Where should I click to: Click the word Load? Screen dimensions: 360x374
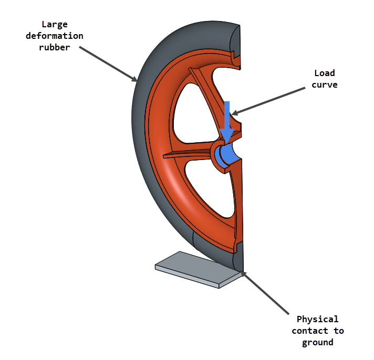pos(324,73)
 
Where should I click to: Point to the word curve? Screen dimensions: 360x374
pos(324,84)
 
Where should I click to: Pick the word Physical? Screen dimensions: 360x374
pos(317,319)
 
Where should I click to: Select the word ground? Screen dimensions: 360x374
pos(317,342)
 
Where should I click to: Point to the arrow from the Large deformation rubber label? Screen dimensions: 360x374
pos(108,63)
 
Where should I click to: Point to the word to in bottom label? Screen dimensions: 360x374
pos(338,331)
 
